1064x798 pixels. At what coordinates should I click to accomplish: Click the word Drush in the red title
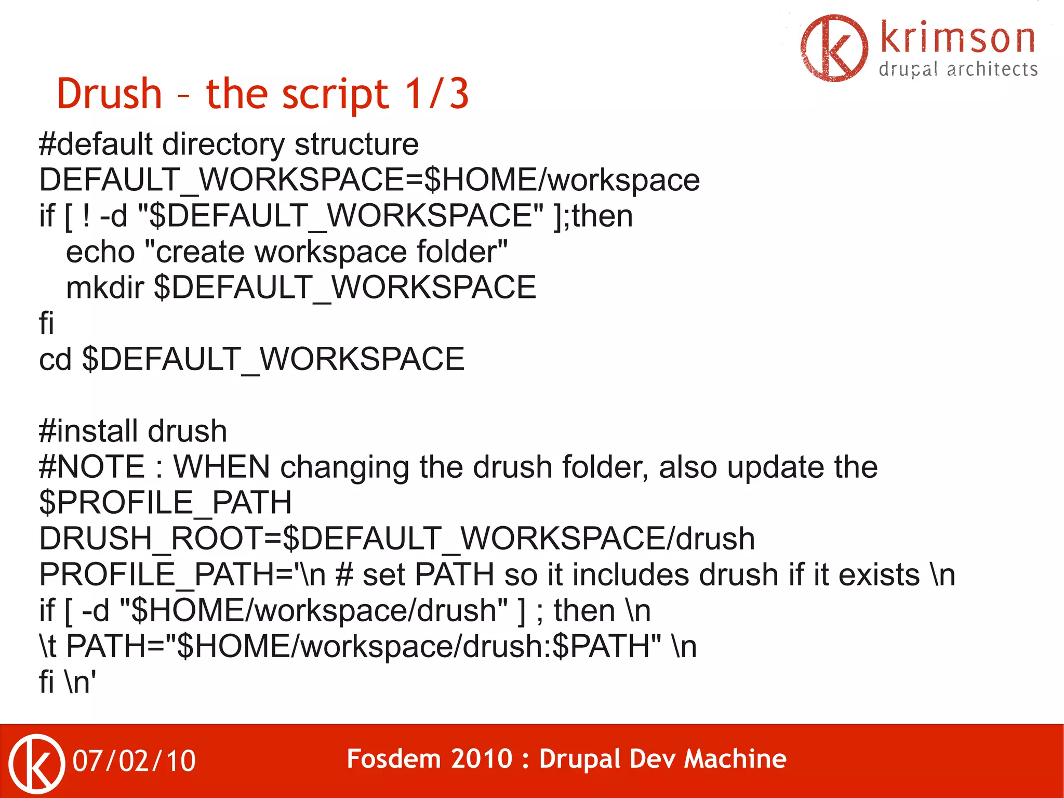(x=109, y=94)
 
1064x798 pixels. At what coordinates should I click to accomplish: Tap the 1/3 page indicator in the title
(x=437, y=94)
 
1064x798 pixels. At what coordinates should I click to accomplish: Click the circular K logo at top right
(x=834, y=48)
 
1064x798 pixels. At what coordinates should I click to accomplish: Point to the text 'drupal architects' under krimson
(x=957, y=69)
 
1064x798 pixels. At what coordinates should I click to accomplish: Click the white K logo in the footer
(x=37, y=763)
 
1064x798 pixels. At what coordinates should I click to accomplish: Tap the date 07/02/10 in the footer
(x=134, y=761)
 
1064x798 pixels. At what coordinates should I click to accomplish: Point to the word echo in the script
(x=100, y=252)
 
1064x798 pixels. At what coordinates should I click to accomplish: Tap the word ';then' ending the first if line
(x=602, y=216)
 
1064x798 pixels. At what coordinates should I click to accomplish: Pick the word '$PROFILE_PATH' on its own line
(x=165, y=503)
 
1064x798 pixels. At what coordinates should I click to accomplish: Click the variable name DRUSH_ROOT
(x=151, y=539)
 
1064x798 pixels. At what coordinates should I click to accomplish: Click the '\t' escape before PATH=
(x=48, y=646)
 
